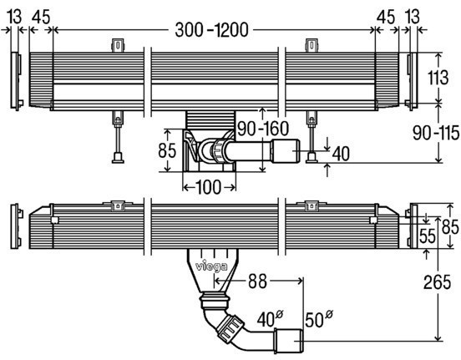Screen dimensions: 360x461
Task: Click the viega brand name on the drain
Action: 210,267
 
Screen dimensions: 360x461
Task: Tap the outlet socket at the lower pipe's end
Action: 290,338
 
